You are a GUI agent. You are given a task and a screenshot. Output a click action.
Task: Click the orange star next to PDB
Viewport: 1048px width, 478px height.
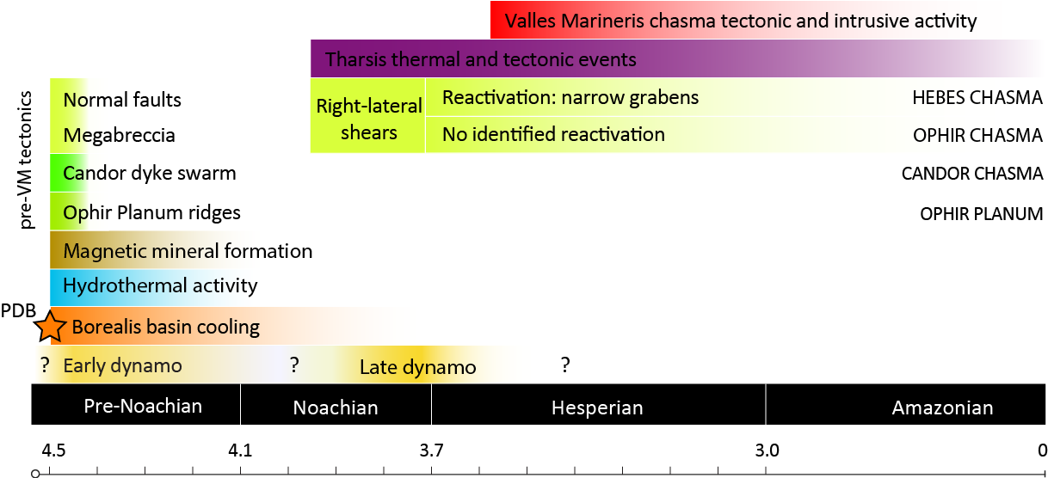point(50,326)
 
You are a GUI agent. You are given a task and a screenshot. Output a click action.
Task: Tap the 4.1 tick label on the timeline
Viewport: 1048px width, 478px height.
point(240,450)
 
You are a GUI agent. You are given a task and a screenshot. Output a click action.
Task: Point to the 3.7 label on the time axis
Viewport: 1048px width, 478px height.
point(431,450)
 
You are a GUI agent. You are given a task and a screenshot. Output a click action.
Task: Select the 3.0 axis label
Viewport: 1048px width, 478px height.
point(766,450)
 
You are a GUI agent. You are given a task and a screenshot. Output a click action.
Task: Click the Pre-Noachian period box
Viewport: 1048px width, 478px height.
point(143,405)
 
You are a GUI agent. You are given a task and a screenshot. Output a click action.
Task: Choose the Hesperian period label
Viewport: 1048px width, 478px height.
point(597,408)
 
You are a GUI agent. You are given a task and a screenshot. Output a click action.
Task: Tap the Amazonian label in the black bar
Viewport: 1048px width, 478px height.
point(942,408)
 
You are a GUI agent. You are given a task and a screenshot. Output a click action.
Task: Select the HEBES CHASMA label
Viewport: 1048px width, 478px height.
point(977,98)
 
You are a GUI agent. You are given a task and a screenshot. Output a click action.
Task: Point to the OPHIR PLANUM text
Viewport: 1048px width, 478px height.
point(982,213)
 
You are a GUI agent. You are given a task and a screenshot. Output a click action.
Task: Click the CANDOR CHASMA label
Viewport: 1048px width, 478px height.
point(972,174)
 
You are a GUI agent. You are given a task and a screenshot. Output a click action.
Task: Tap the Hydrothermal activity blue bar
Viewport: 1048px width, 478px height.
point(160,285)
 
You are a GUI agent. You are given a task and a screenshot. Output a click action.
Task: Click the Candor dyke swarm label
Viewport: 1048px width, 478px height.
point(149,174)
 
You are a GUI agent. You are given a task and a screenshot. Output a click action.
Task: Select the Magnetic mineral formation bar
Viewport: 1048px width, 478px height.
point(188,251)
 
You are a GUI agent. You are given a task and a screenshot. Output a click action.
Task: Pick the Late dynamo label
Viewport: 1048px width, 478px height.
point(417,368)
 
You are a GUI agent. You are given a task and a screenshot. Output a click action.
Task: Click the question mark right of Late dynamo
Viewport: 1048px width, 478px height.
point(565,365)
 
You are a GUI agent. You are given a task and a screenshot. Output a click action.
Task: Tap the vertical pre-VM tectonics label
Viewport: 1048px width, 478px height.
point(28,160)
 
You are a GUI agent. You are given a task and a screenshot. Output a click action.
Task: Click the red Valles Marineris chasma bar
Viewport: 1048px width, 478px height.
point(740,21)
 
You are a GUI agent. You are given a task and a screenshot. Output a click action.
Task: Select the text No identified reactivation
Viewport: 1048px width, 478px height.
point(553,134)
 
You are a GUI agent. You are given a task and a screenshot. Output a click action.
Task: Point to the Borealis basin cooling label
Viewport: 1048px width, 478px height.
point(165,327)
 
